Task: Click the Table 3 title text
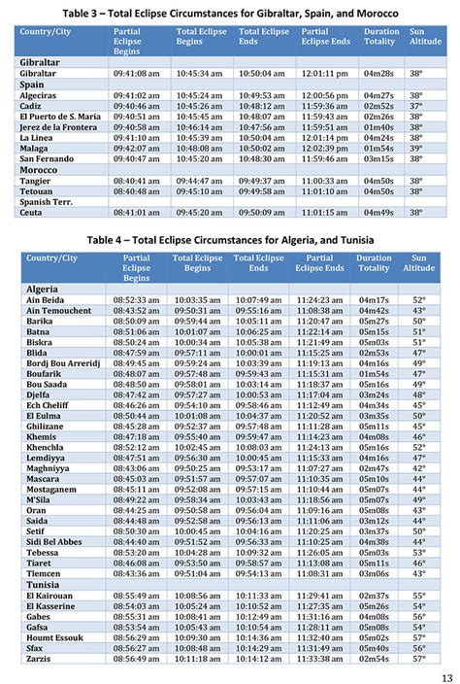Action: tap(229, 12)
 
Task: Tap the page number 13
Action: tap(446, 676)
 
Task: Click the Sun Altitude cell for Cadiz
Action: tap(416, 105)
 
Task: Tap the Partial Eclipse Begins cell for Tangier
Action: tap(136, 180)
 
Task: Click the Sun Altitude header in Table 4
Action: tap(419, 262)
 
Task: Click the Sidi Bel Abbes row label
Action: tap(54, 542)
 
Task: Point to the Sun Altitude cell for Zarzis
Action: tap(419, 658)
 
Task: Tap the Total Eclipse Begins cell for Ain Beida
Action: tap(198, 301)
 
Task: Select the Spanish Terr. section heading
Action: tap(49, 201)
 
